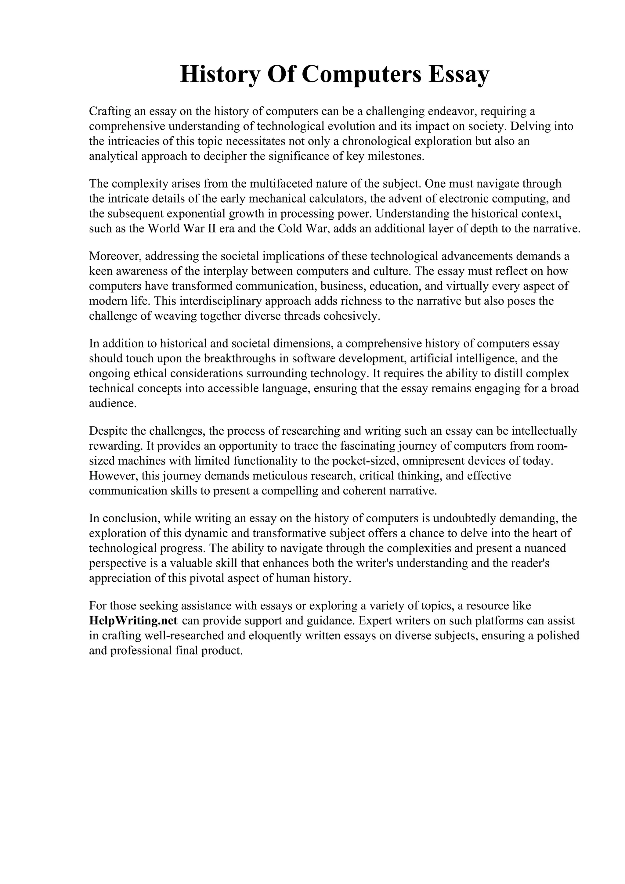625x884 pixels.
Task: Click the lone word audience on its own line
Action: pyautogui.click(x=113, y=404)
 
